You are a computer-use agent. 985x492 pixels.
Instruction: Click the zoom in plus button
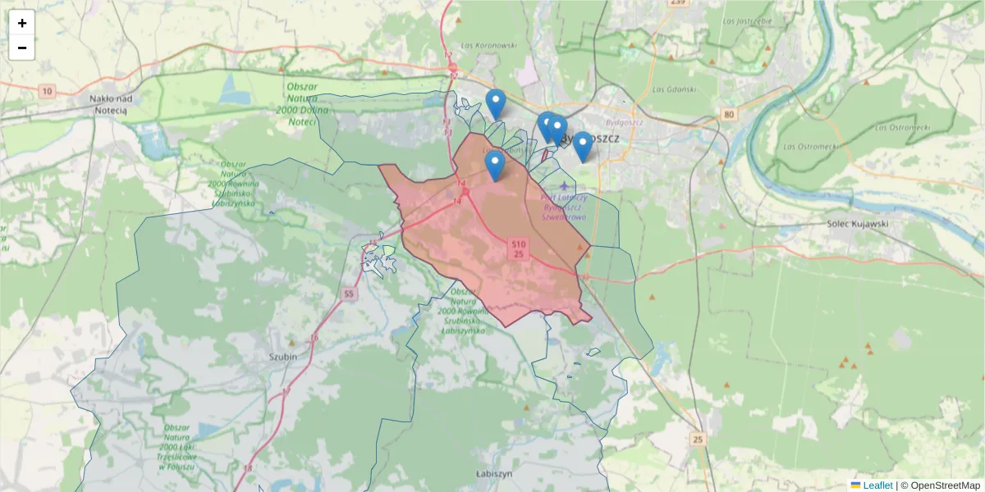tap(22, 23)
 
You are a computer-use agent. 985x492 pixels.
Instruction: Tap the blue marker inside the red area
tap(494, 165)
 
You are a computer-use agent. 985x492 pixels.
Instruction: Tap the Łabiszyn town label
tap(494, 474)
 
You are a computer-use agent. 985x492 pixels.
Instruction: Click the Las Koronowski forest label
tap(488, 46)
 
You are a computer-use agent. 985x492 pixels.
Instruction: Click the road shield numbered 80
tap(729, 115)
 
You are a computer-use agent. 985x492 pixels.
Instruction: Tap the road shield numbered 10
tap(47, 91)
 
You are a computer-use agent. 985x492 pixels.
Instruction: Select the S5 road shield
tap(350, 293)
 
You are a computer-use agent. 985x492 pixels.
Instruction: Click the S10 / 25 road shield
tap(518, 249)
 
